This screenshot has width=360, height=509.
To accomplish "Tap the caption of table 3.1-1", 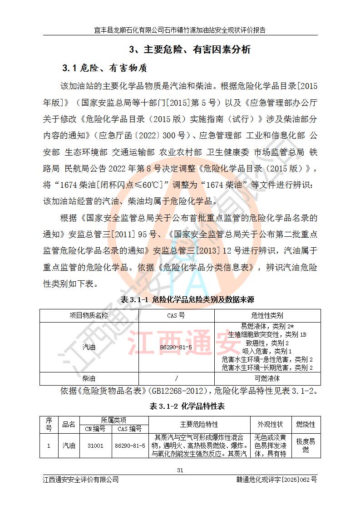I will coord(180,300).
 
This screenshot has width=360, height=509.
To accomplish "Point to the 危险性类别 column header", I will coord(267,315).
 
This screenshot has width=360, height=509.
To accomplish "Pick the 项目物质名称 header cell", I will coord(89,315).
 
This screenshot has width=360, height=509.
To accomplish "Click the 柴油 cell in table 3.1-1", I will coord(89,378).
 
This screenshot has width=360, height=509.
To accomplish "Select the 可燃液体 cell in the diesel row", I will coord(267,378).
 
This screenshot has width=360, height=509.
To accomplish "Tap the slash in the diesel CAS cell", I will coord(176,378).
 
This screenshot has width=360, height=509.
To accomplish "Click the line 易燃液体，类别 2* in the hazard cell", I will coord(267,326).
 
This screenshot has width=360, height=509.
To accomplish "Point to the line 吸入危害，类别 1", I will coord(267,351).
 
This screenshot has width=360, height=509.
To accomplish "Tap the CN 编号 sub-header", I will coord(95,429).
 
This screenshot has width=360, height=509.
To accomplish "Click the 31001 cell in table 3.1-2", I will coord(95,445).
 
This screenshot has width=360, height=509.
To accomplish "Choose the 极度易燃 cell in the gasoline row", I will coord(306,445).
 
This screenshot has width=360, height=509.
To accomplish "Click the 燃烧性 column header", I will coord(306,425).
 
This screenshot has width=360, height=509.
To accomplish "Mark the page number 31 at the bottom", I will coord(180,470).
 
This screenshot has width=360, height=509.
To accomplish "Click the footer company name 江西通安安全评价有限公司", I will coord(81,480).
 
